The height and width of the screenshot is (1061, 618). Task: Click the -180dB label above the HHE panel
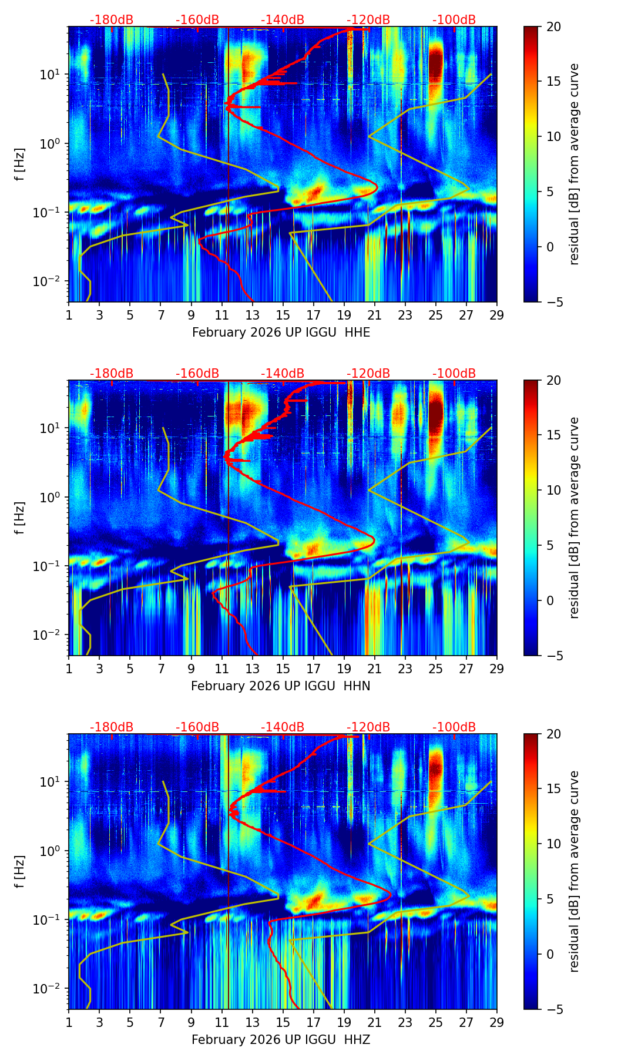(x=112, y=20)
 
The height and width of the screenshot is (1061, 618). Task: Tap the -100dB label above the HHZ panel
(x=454, y=727)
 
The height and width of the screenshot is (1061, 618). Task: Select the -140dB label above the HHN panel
(x=283, y=374)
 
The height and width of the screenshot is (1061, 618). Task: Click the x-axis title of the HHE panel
(x=281, y=333)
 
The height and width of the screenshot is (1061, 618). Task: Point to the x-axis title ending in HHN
(x=280, y=686)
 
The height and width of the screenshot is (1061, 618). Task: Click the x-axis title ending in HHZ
(x=280, y=1040)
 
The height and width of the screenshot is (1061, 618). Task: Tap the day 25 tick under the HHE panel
(x=435, y=315)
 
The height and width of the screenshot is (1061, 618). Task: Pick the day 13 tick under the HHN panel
(x=252, y=669)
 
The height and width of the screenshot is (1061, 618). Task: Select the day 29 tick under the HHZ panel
(x=496, y=1022)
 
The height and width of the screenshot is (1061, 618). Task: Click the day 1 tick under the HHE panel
(x=69, y=315)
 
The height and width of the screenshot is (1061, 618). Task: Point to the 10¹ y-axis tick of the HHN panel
(x=52, y=428)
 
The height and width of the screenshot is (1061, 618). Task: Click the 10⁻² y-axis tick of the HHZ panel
(x=50, y=989)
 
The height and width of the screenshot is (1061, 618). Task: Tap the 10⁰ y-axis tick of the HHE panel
(x=52, y=143)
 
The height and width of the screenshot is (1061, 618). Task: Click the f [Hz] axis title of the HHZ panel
(x=20, y=871)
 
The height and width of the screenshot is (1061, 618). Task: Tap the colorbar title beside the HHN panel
(x=574, y=518)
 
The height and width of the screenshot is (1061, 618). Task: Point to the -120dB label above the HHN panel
(x=368, y=374)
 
